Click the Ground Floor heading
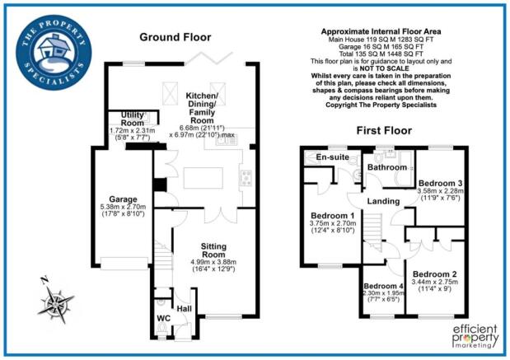pyautogui.click(x=175, y=37)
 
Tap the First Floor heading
pyautogui.click(x=385, y=130)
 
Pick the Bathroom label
pyautogui.click(x=386, y=167)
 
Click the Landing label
pyautogui.click(x=384, y=201)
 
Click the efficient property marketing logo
pyautogui.click(x=475, y=337)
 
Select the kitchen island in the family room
pyautogui.click(x=200, y=177)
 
